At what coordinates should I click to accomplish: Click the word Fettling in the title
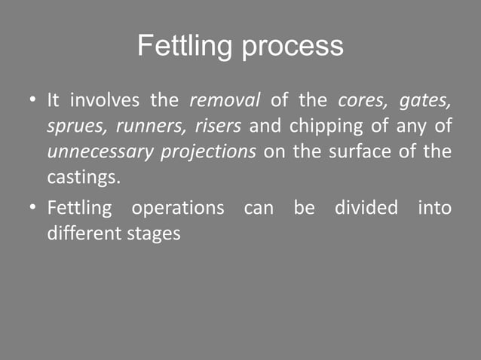point(185,47)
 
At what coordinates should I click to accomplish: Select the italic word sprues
point(75,127)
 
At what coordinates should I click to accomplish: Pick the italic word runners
point(150,126)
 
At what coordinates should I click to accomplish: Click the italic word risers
point(218,126)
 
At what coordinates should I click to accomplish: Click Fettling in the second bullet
point(78,208)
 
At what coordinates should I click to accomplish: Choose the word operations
point(177,208)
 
